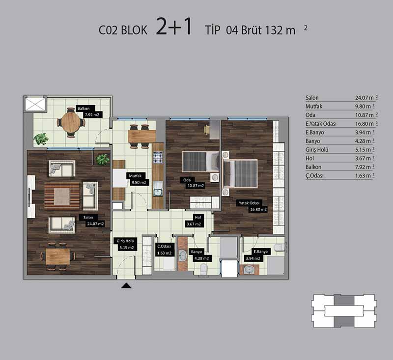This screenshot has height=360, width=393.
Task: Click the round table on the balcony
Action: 71,122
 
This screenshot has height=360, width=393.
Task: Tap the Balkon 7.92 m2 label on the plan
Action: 89,112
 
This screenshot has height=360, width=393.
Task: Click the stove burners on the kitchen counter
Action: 158,157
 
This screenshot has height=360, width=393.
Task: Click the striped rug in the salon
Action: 62,196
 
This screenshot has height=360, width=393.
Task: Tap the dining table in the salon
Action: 58,256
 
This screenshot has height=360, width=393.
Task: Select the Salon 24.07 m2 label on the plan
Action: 92,221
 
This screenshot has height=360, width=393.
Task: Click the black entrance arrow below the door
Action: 126,286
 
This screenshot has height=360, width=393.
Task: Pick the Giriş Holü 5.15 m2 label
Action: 125,244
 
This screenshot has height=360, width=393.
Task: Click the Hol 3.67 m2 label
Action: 195,221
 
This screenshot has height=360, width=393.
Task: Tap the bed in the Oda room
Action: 200,162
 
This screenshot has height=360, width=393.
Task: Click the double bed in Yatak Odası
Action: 240,173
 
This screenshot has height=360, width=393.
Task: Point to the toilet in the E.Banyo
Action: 280,247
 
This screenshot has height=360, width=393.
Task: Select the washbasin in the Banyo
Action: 182,256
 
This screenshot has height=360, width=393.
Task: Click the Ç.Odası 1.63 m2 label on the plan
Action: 165,250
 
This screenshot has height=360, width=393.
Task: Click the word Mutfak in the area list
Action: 314,106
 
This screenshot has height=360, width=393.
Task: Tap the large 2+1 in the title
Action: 174,27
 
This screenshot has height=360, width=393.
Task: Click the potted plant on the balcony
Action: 41,139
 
